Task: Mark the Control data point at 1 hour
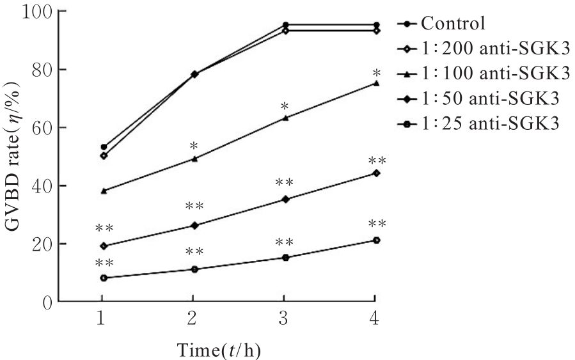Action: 104,147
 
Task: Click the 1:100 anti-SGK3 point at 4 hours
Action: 376,83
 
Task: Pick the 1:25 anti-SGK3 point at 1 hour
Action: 104,278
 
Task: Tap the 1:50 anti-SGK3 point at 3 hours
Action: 285,200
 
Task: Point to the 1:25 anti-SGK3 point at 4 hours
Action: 376,240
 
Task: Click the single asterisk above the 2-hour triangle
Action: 194,147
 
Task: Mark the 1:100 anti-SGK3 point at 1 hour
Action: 104,191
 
